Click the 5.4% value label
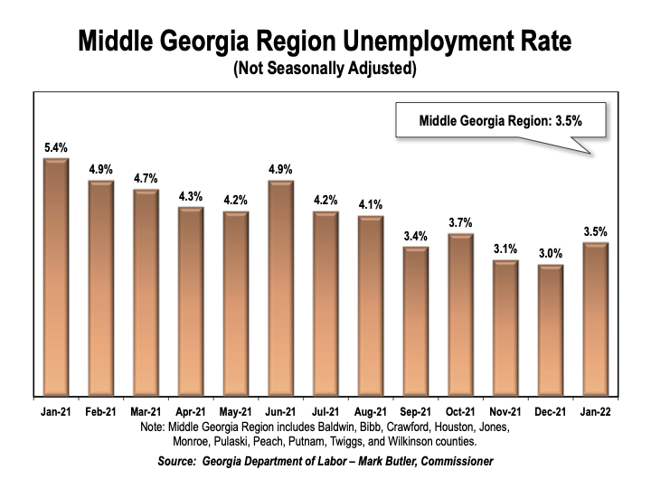point(56,146)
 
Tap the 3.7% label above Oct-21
point(460,222)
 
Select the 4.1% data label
point(370,204)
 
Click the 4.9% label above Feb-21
point(101,169)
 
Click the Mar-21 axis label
point(146,410)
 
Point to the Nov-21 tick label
point(505,410)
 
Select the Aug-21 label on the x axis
point(370,410)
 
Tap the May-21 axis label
point(235,410)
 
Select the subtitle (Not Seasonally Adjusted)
point(325,68)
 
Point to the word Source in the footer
point(181,462)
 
